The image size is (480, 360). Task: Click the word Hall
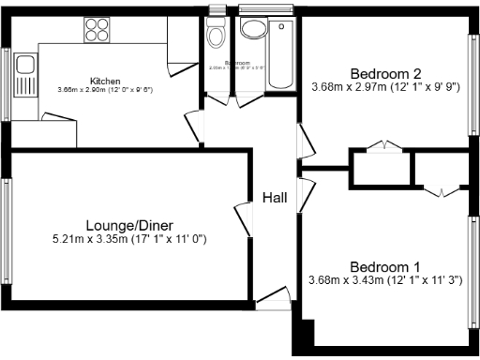point(275,198)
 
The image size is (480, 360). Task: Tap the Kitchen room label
point(104,80)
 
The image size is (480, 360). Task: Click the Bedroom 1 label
point(385,265)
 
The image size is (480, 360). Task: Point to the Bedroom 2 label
point(385,73)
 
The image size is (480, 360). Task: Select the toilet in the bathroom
point(216,37)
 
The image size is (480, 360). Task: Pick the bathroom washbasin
point(251,28)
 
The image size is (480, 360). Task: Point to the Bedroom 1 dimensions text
point(385,280)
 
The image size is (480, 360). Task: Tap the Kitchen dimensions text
point(104,90)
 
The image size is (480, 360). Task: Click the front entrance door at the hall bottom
point(273,300)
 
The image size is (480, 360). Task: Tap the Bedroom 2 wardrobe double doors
point(382,146)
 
